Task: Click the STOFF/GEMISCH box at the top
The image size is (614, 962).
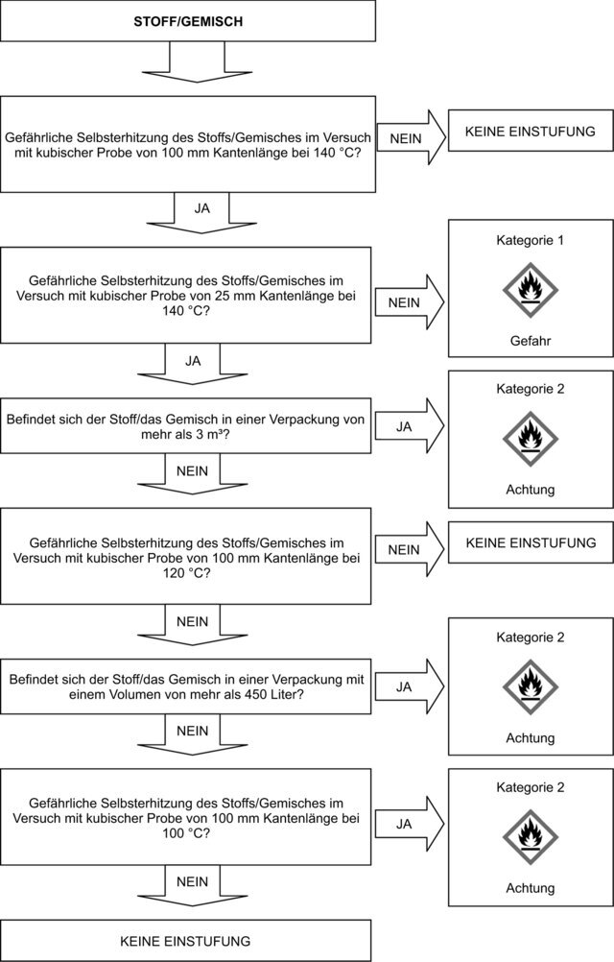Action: [187, 20]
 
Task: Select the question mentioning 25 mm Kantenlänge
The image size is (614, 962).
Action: [187, 294]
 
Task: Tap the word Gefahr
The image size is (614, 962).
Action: [531, 340]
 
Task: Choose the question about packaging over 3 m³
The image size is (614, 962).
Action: [187, 425]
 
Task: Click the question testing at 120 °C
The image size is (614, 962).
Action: [187, 557]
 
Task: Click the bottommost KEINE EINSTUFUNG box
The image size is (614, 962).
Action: [187, 941]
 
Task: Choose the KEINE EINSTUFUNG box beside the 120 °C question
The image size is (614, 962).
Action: [531, 543]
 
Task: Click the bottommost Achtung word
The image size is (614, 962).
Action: [531, 888]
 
